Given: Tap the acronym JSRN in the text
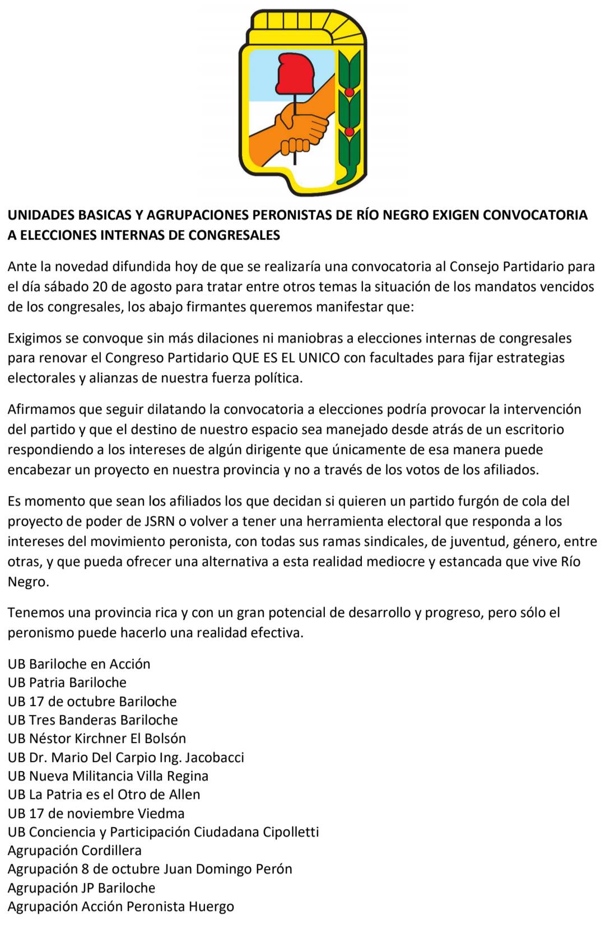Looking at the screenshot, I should [159, 521].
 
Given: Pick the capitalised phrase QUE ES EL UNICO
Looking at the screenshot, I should [286, 358].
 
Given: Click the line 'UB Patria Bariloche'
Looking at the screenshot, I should [67, 683].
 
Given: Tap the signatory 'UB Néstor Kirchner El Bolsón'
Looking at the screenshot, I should [97, 739].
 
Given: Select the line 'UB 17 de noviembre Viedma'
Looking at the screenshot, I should [96, 813].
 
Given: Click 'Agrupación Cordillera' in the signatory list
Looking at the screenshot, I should [75, 850].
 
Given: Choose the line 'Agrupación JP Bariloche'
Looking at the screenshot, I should [81, 888].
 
